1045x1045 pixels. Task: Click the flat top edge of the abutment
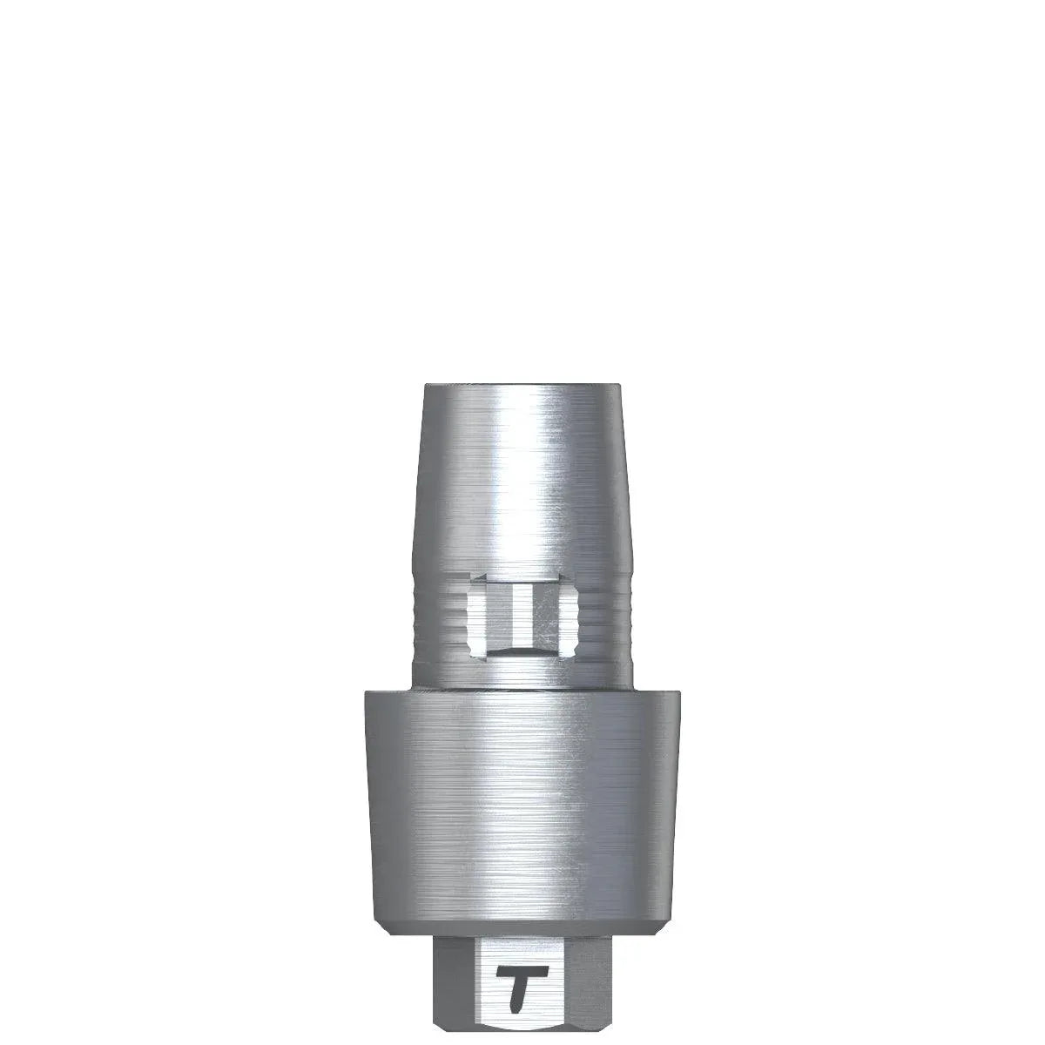[522, 385]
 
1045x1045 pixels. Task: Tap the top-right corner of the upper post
[620, 385]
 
